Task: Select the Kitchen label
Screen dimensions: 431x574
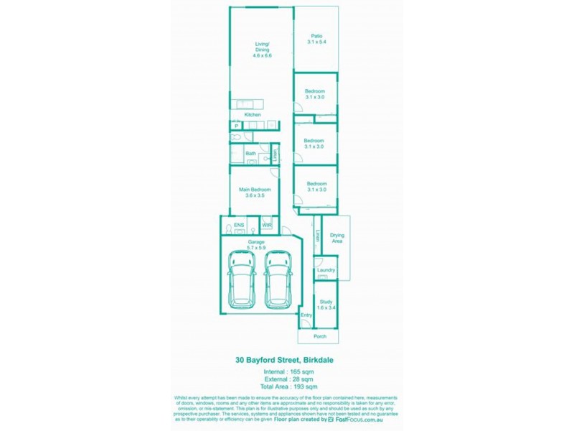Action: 252,115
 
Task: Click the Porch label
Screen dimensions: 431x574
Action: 320,336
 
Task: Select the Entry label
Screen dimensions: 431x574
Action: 306,315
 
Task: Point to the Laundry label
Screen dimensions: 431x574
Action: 326,270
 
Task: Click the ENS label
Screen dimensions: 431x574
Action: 239,226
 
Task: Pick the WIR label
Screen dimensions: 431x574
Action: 266,226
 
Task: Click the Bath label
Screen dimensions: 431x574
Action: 250,153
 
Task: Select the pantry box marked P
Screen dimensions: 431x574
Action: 235,126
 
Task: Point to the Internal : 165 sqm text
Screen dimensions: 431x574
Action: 287,372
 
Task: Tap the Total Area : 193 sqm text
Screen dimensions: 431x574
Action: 287,387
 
